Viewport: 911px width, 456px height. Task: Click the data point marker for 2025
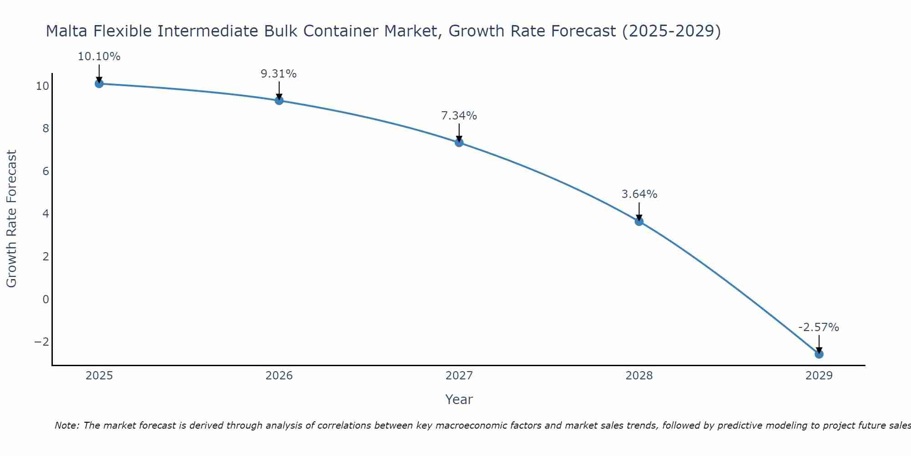pos(99,83)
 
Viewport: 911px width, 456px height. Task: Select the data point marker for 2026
pos(279,100)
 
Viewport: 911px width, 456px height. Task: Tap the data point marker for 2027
pos(459,142)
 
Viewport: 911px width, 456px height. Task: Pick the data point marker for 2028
pos(639,222)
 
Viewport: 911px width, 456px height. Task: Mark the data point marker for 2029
pos(819,354)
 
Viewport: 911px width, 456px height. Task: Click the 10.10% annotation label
pos(99,57)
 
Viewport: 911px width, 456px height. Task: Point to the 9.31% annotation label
pos(279,74)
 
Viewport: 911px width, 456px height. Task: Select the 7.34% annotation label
pos(459,116)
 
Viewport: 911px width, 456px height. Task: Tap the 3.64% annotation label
pos(640,194)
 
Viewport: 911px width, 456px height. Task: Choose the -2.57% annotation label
pos(819,327)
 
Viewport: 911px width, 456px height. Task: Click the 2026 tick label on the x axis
pos(279,376)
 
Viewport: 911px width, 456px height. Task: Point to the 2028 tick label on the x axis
pos(639,376)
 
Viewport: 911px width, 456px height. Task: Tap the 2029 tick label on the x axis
pos(819,376)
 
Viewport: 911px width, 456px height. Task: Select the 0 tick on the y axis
pos(46,299)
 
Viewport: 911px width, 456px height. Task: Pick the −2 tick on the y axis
pos(42,342)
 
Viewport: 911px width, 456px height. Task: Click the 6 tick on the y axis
pos(46,171)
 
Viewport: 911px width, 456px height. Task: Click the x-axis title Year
pos(459,399)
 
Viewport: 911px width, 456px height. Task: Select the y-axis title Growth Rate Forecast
pos(11,218)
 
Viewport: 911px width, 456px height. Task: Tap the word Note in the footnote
pos(67,425)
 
